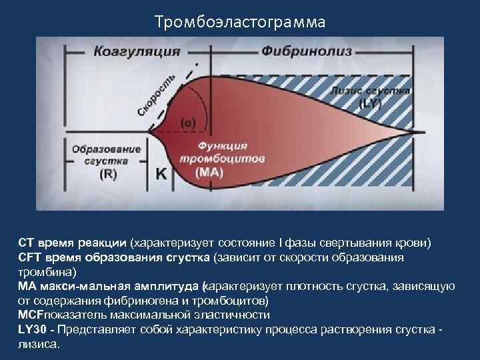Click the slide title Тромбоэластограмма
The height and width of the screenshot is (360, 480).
click(x=240, y=23)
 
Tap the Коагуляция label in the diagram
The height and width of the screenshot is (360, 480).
click(x=137, y=51)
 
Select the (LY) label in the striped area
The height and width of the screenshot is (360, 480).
click(x=370, y=104)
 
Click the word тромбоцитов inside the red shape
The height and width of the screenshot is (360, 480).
click(x=222, y=159)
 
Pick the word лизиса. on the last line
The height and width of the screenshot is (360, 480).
click(x=39, y=345)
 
